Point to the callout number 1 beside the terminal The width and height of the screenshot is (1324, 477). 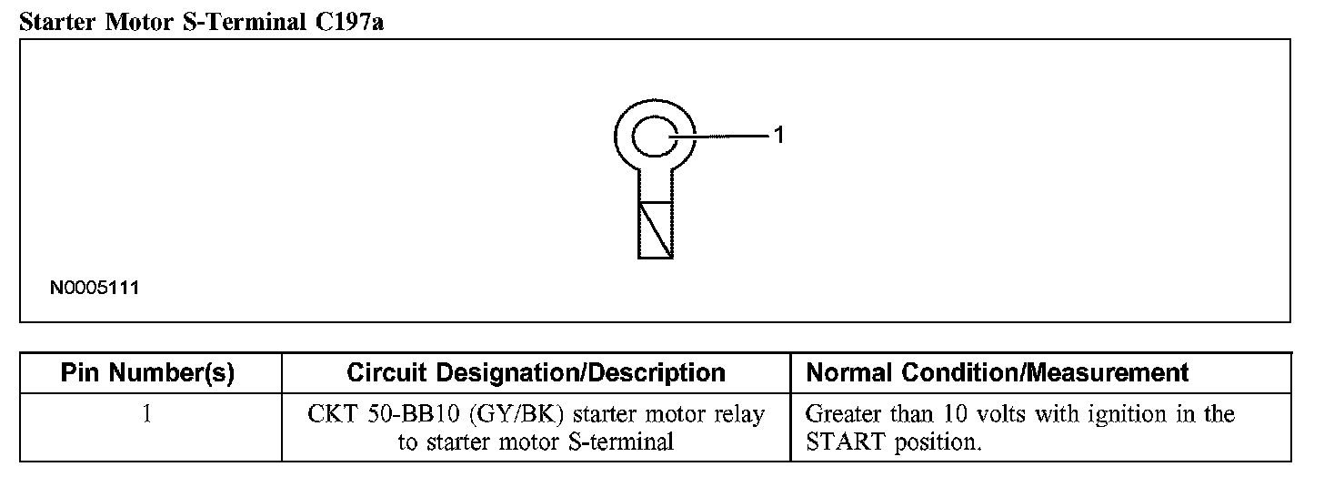pyautogui.click(x=778, y=136)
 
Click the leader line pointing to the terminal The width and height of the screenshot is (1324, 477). pyautogui.click(x=723, y=137)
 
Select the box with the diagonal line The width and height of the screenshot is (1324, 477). pyautogui.click(x=656, y=230)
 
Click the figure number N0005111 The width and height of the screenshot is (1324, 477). pyautogui.click(x=95, y=289)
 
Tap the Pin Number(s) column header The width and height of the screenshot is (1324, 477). pyautogui.click(x=147, y=372)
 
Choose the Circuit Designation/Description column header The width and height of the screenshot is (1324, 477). pyautogui.click(x=537, y=372)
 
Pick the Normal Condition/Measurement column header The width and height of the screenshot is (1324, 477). pyautogui.click(x=998, y=372)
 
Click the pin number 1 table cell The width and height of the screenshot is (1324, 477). pyautogui.click(x=147, y=415)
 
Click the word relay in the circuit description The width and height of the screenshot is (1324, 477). pyautogui.click(x=739, y=415)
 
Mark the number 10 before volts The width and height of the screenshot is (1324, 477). pyautogui.click(x=953, y=415)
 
